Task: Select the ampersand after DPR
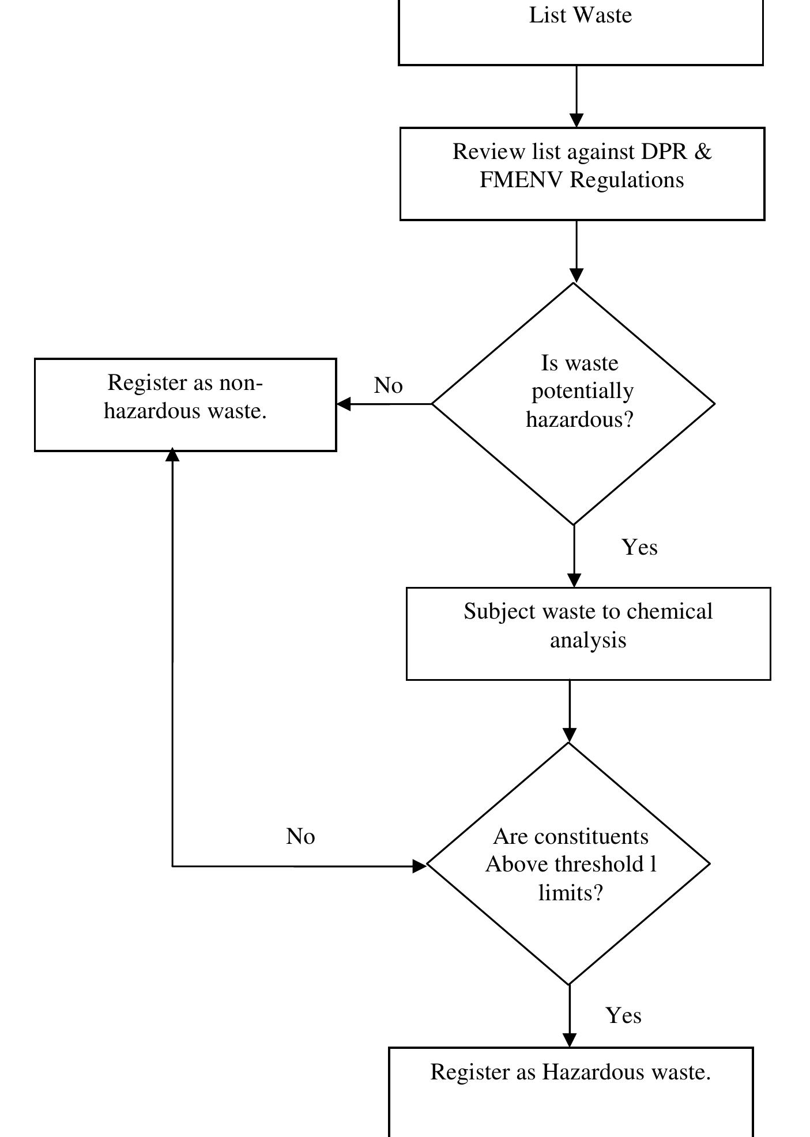pos(703,152)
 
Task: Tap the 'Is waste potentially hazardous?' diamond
pos(574,403)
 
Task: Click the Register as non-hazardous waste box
pos(185,404)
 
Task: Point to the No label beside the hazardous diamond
pos(388,385)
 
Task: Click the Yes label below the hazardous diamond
pos(639,547)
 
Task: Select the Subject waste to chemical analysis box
pos(588,634)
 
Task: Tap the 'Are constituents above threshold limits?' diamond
pos(569,864)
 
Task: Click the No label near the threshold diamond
pos(300,836)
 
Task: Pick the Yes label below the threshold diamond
pos(623,1015)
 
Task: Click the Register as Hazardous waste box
pos(571,1091)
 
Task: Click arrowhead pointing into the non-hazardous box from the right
pos(344,404)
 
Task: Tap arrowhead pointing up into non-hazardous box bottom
pos(172,456)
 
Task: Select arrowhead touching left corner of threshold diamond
pos(419,866)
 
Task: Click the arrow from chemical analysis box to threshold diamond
pos(570,711)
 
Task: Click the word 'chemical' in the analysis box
pos(669,611)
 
